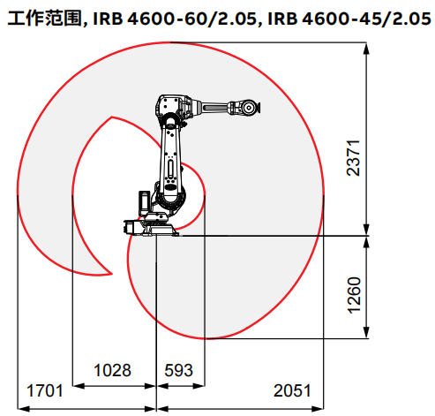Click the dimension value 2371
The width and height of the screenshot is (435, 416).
(353, 158)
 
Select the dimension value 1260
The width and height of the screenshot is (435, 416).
(354, 295)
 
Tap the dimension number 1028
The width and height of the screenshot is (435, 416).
(112, 370)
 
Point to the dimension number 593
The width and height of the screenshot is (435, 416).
(179, 370)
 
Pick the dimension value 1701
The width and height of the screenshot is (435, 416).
(45, 391)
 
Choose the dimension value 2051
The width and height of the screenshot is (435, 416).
(292, 391)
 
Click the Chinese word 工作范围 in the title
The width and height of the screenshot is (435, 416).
(45, 19)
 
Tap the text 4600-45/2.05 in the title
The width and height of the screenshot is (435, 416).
(366, 19)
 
